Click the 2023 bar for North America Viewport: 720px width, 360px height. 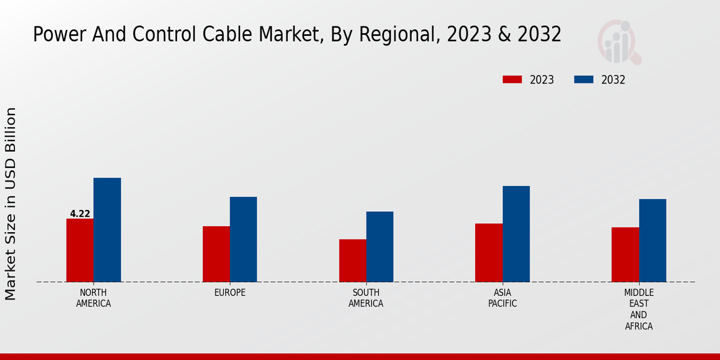[80, 250]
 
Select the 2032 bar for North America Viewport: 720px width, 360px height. [107, 230]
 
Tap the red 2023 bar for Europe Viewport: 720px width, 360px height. [216, 254]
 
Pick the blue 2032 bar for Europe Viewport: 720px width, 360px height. [243, 239]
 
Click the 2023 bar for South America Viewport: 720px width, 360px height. [352, 260]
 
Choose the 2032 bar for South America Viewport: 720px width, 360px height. [380, 247]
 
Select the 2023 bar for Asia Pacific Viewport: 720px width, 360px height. [488, 253]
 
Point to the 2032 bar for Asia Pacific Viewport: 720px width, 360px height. [516, 234]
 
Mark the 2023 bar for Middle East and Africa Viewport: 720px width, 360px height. [625, 254]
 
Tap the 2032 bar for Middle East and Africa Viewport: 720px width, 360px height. [652, 240]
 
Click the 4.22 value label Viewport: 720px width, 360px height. [80, 214]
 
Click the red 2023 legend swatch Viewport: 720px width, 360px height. [512, 80]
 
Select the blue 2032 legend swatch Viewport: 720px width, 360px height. [584, 80]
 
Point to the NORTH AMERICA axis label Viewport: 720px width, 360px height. [94, 298]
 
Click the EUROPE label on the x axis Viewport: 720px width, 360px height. [230, 293]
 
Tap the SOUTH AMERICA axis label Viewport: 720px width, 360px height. [366, 298]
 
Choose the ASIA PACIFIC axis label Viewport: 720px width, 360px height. [502, 298]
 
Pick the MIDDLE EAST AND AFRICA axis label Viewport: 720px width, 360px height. [638, 310]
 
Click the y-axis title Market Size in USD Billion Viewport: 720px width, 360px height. [11, 204]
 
